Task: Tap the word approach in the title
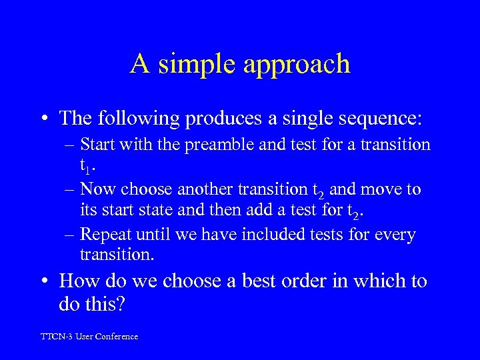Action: (x=298, y=65)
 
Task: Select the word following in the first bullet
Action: (x=147, y=119)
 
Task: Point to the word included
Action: (x=283, y=235)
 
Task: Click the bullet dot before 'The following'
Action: (x=45, y=119)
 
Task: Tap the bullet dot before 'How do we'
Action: (x=45, y=282)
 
